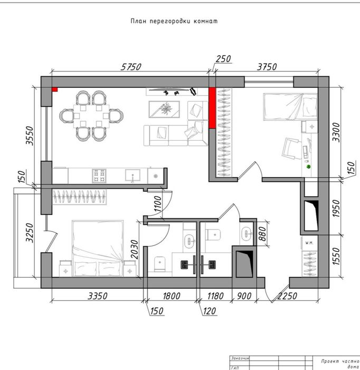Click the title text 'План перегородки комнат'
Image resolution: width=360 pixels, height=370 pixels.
click(174, 22)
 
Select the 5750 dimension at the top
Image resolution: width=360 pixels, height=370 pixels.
click(132, 67)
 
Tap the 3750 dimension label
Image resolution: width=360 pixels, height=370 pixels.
click(267, 67)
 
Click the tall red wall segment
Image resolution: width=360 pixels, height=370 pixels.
click(212, 108)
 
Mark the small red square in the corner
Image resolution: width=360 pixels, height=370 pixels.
click(54, 90)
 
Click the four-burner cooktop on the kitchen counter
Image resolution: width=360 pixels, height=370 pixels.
click(99, 175)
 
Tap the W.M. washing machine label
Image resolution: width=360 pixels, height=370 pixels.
click(309, 243)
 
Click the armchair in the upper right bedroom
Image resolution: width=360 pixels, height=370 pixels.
click(292, 147)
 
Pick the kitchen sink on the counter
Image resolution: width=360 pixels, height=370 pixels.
click(131, 175)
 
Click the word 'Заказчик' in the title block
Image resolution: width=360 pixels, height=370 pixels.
click(241, 358)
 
